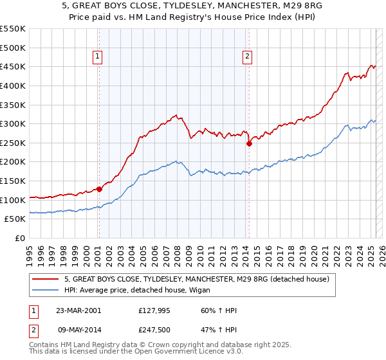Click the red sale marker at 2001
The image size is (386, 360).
click(99, 189)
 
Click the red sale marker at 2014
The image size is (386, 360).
click(249, 144)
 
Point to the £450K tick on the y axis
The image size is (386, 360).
click(13, 66)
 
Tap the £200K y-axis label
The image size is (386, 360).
click(13, 162)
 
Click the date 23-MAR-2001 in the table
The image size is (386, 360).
click(78, 311)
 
